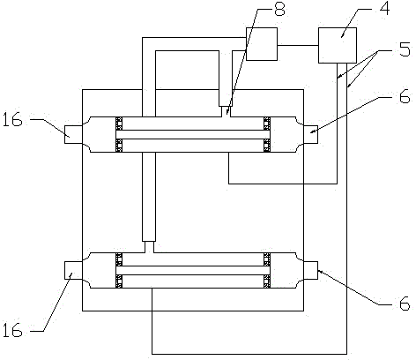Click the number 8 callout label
[x=279, y=9]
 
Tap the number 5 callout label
[x=405, y=49]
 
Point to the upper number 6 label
[x=405, y=96]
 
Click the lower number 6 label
[x=405, y=304]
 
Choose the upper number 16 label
[x=12, y=120]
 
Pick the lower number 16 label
[x=12, y=329]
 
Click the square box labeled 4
[x=338, y=45]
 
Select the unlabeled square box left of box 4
[x=262, y=44]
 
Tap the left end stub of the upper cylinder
[x=73, y=135]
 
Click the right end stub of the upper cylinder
[x=310, y=135]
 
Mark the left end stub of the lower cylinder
[x=73, y=270]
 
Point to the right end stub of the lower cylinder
[x=310, y=270]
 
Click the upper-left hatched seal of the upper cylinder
[x=119, y=124]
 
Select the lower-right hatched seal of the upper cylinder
[x=267, y=146]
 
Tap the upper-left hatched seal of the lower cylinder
[x=119, y=259]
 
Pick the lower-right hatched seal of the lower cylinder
[x=267, y=281]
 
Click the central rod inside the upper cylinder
[x=193, y=134]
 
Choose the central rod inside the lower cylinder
[x=193, y=270]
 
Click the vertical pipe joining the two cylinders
[x=149, y=197]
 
